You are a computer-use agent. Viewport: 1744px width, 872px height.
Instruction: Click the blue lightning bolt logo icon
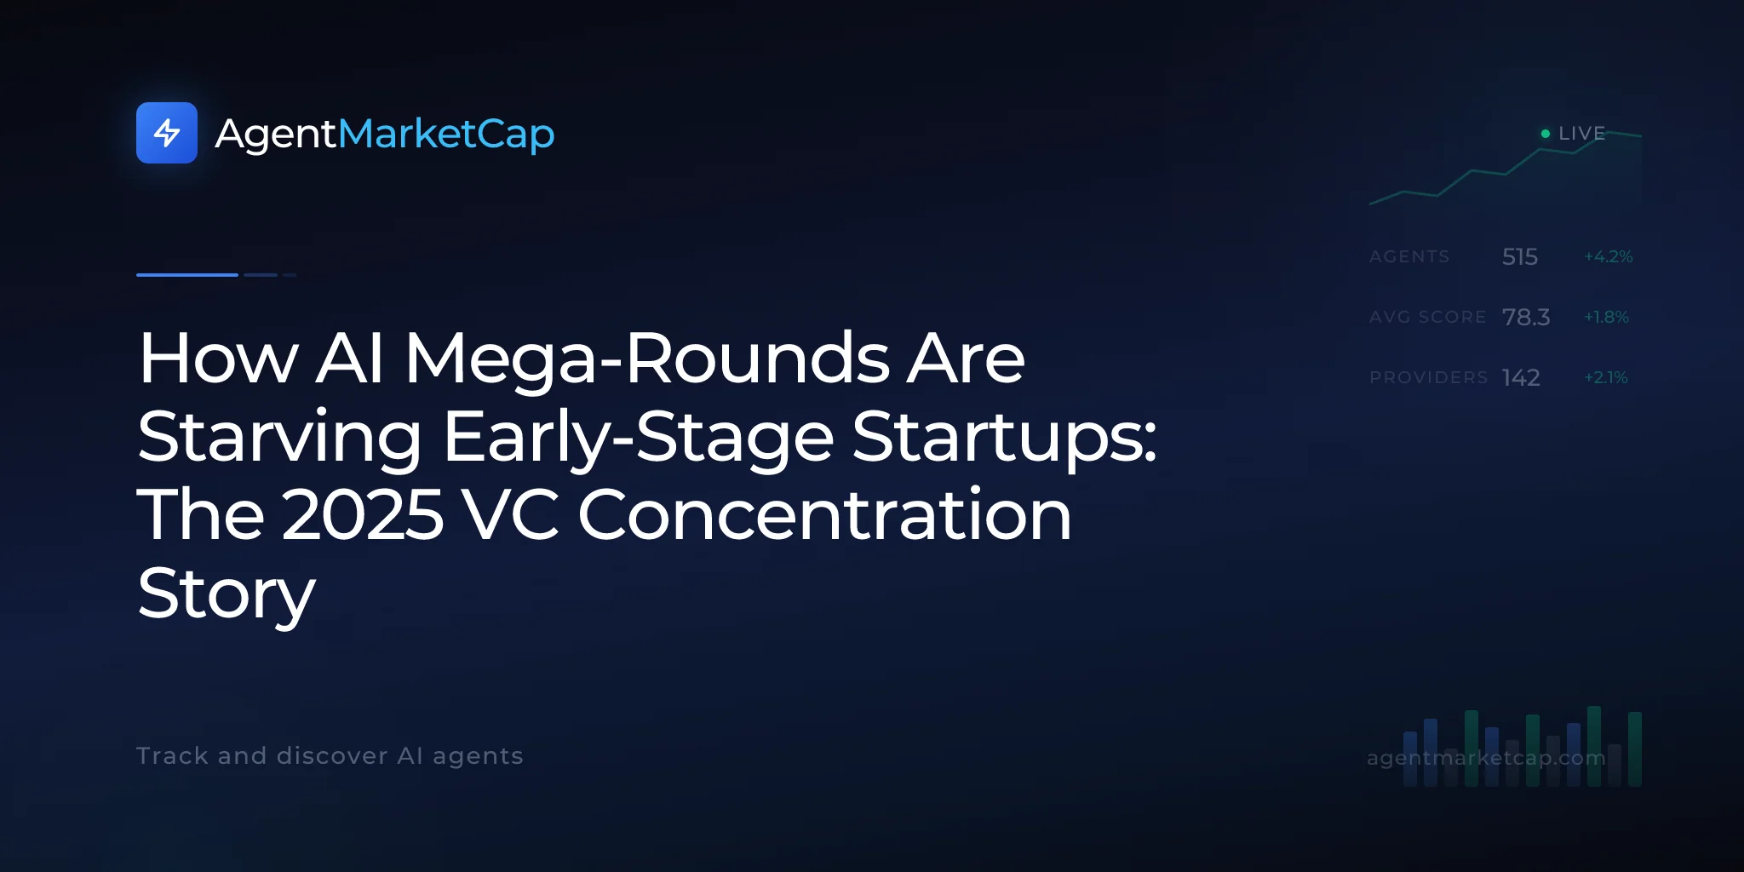(167, 133)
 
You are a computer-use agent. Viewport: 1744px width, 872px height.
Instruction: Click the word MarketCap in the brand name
(446, 135)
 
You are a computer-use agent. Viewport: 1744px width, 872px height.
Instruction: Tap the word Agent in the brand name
(277, 135)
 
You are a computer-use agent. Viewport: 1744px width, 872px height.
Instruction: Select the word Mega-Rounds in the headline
(647, 359)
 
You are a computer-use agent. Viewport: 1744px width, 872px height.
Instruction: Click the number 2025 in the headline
(363, 514)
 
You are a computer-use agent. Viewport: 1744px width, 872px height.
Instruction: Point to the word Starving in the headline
(279, 438)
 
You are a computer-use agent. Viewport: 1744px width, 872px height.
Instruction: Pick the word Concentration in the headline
(824, 514)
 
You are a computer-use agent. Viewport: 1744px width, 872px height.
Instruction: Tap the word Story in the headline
(227, 594)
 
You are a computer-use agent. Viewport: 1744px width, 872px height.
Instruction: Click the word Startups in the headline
(1005, 438)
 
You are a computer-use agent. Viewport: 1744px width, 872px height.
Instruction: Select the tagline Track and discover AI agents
(330, 755)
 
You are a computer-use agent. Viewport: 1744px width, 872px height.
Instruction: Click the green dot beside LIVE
(1546, 134)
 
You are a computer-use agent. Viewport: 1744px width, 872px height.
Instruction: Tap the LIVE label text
(1581, 134)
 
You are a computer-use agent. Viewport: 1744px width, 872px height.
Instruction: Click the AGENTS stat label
(1409, 256)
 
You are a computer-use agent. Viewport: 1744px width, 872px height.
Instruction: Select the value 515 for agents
(1520, 256)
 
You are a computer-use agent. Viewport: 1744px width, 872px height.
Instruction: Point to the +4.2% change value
(1609, 256)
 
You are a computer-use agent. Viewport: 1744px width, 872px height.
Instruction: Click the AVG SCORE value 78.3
(1526, 317)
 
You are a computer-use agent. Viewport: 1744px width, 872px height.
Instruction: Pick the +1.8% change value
(1606, 317)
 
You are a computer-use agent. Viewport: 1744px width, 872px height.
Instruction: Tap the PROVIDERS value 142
(1521, 377)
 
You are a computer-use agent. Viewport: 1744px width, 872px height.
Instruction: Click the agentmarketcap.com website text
(1486, 758)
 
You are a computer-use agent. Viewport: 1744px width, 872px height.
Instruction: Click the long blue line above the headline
(187, 275)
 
